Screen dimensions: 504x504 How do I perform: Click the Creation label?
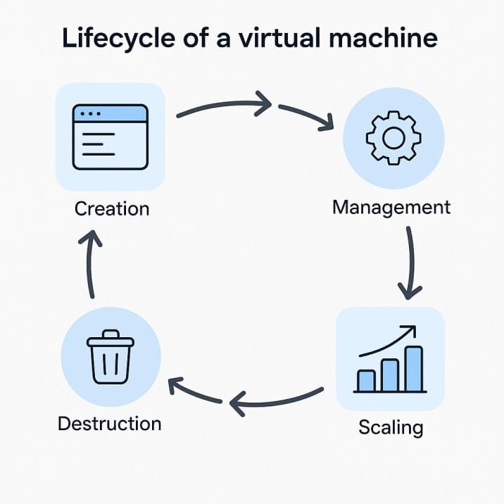[x=111, y=208]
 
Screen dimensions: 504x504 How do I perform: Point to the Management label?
[x=391, y=207]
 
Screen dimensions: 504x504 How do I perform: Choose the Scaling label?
[x=391, y=427]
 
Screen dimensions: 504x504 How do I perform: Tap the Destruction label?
[x=109, y=424]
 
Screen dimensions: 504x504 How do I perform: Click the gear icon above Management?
[x=393, y=137]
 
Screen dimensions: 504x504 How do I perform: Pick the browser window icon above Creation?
[x=111, y=137]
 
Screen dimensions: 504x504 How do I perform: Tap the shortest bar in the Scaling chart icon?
[x=366, y=380]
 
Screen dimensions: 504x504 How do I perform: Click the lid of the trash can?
[x=111, y=341]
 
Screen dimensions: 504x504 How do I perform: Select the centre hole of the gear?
[x=393, y=137]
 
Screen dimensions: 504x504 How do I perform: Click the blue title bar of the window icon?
[x=111, y=113]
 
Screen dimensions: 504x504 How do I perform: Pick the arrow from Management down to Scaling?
[x=409, y=262]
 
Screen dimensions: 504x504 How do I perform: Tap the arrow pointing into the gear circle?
[x=306, y=118]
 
